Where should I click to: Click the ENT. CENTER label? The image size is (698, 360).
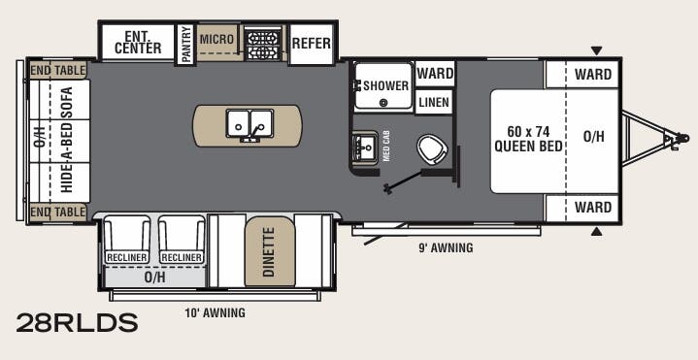pos(137,43)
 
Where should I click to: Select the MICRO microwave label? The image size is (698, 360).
pos(216,39)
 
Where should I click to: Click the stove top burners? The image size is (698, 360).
pos(262,44)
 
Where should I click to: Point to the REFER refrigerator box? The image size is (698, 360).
pos(311,44)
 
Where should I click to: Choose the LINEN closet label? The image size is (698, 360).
pos(434,101)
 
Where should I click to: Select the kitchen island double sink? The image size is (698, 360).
pos(248,125)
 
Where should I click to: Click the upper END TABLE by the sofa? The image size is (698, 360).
pos(57,70)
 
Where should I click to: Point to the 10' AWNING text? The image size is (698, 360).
pos(215,313)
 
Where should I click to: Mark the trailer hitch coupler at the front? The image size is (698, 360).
pos(670,141)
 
